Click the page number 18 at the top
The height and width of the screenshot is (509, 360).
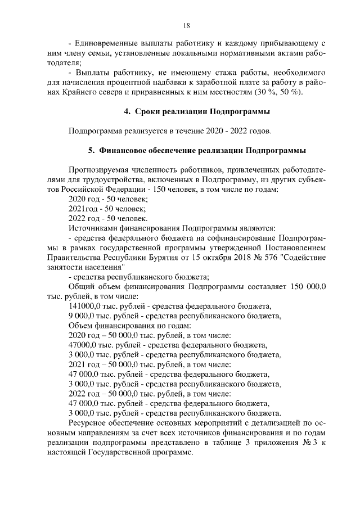[x=186, y=25]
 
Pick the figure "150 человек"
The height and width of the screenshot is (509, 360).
[x=174, y=190]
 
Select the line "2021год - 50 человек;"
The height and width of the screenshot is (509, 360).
[x=102, y=209]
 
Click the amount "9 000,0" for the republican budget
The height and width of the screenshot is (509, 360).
[x=83, y=316]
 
